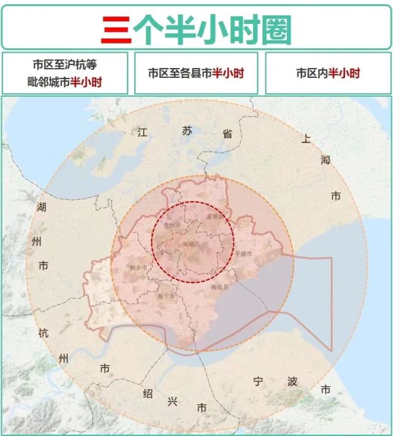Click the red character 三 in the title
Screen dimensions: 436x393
[x=116, y=28]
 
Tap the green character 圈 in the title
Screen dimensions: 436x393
[x=274, y=28]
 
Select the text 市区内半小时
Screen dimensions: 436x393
[x=328, y=74]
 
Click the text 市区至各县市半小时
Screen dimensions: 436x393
[x=196, y=74]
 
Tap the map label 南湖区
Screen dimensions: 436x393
[x=192, y=244]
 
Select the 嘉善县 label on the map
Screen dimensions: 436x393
[x=216, y=216]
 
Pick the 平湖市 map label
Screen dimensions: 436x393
[x=243, y=253]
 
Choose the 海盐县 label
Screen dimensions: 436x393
[x=219, y=286]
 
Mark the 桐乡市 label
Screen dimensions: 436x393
[x=139, y=268]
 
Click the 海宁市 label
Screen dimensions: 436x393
[x=166, y=297]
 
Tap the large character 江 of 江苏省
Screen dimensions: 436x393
[x=143, y=132]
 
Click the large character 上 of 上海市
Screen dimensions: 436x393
[x=306, y=139]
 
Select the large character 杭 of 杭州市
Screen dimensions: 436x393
[x=43, y=333]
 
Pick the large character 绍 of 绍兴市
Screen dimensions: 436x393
[x=147, y=394]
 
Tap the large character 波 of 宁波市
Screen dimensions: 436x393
[x=292, y=381]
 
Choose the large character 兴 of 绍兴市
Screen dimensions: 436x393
[x=173, y=401]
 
